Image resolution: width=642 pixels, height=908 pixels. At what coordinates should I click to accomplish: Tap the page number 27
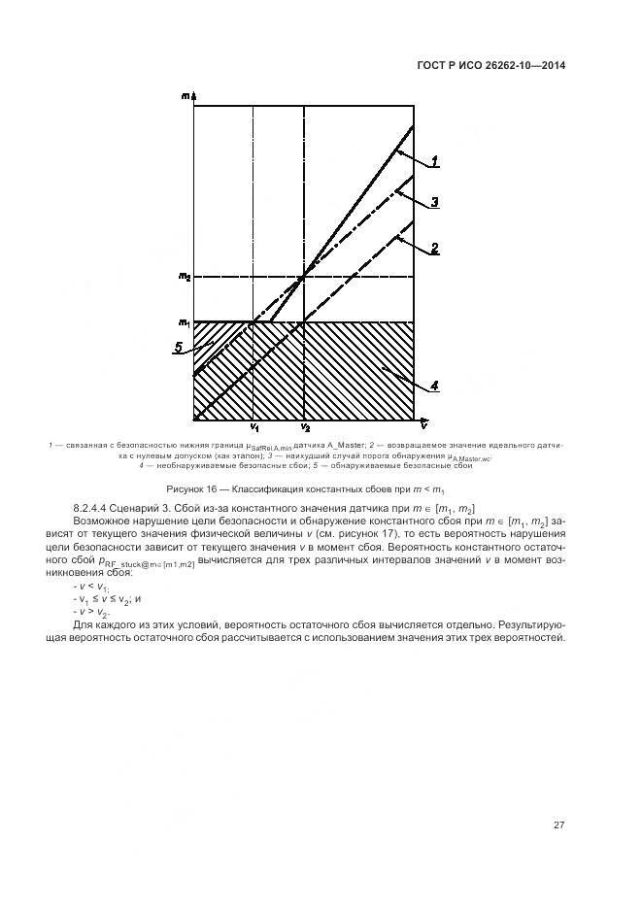559,826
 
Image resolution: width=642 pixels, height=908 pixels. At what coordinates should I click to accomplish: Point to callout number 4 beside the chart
435,385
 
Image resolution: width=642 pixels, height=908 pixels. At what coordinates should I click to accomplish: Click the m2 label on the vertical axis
185,277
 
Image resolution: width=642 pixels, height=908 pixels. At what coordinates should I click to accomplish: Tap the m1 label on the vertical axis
185,322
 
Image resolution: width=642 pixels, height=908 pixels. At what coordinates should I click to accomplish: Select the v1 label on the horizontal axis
253,428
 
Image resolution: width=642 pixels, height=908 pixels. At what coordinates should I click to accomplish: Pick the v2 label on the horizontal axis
305,428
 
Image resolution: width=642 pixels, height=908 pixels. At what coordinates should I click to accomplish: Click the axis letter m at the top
185,95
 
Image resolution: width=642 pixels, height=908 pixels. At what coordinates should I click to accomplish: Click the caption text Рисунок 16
194,488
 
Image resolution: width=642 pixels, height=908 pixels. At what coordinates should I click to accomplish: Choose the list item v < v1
91,588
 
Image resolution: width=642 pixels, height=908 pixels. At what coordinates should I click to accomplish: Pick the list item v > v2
91,612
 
